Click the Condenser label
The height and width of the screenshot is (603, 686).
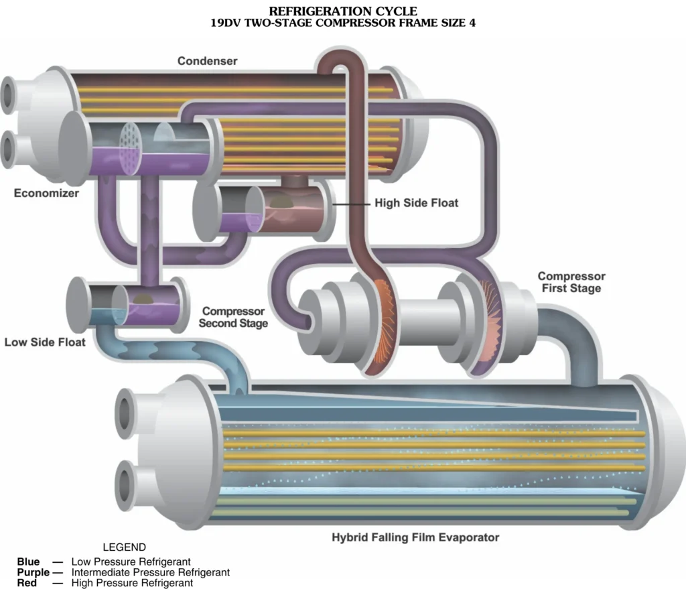click(x=208, y=61)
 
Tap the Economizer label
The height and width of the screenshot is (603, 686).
click(x=46, y=193)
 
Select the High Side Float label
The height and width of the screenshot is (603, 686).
click(x=417, y=202)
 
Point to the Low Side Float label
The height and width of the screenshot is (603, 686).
click(x=45, y=342)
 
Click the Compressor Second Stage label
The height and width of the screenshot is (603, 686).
click(x=233, y=318)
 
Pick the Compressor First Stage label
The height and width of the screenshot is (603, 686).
click(x=571, y=282)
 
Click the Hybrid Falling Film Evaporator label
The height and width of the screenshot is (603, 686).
click(x=415, y=537)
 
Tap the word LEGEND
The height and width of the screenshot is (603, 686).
click(x=124, y=547)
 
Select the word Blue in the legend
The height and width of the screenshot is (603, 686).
click(x=28, y=561)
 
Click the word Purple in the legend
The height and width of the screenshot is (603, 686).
click(x=33, y=572)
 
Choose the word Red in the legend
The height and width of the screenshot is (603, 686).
click(x=27, y=583)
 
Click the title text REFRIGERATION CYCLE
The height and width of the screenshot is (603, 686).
click(x=343, y=11)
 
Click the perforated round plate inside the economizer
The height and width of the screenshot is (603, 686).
click(x=131, y=148)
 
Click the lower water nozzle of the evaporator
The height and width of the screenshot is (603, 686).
click(x=125, y=485)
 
